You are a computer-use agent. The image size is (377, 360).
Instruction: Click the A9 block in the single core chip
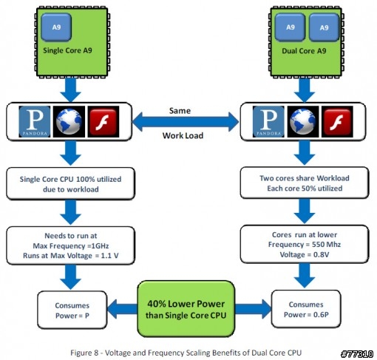(56, 27)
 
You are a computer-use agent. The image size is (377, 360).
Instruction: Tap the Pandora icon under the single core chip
(35, 122)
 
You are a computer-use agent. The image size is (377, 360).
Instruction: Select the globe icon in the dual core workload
(303, 122)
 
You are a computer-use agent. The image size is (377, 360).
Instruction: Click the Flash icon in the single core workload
(103, 122)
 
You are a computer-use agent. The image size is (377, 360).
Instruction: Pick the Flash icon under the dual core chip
(337, 122)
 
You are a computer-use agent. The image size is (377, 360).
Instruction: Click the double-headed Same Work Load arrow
(186, 122)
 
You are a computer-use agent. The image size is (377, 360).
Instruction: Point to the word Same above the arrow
(180, 111)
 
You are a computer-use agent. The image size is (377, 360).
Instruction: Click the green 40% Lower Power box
(186, 309)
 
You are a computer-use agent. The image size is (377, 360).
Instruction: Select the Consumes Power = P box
(72, 310)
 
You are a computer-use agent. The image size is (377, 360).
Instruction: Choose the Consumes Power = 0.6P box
(306, 309)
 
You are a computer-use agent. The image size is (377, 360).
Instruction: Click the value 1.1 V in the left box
(110, 256)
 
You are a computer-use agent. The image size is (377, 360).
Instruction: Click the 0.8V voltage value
(321, 254)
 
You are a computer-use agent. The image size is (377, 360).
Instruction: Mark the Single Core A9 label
(67, 50)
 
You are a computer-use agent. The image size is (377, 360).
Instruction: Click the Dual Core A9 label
(304, 51)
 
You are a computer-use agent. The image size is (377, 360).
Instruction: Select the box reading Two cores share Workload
(305, 183)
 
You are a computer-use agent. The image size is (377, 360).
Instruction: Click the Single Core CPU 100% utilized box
(71, 183)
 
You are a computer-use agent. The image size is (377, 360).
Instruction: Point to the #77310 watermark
(357, 354)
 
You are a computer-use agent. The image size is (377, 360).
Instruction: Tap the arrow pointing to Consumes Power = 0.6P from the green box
(253, 309)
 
